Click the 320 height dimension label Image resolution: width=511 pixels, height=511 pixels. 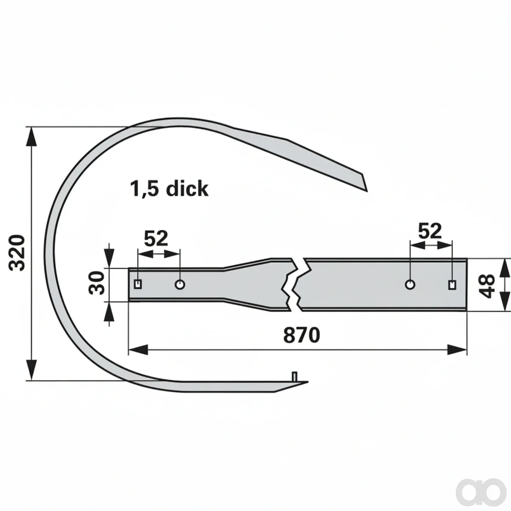[17, 253]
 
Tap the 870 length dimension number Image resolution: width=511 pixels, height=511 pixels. [301, 336]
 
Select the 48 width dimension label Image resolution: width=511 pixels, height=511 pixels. [487, 287]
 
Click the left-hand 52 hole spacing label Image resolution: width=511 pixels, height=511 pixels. [156, 238]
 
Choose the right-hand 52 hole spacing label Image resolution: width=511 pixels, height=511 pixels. [430, 231]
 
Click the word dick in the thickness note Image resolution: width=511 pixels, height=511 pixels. [187, 188]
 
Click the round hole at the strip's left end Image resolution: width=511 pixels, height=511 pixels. [180, 285]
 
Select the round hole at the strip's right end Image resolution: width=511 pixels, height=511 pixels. [410, 285]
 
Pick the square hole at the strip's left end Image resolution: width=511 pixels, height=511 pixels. [138, 284]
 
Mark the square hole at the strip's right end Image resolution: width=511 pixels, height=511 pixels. [452, 285]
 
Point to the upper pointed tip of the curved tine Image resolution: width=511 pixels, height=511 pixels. [367, 191]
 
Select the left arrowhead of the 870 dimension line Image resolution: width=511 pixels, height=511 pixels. [138, 350]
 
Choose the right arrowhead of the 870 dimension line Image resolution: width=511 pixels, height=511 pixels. [457, 350]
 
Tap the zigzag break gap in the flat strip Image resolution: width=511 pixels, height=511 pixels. [297, 284]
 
